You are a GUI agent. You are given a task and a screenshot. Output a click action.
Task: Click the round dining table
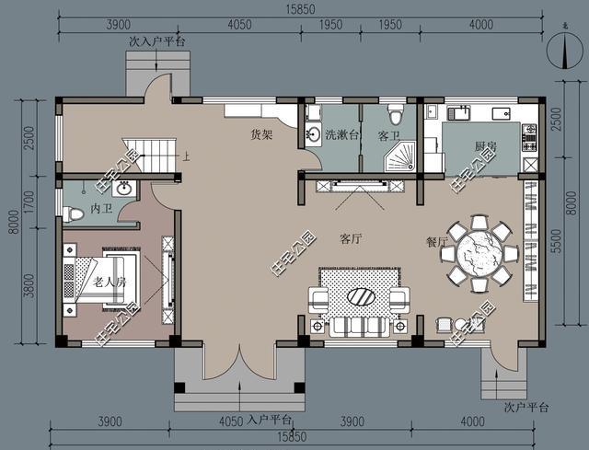coord(479,254)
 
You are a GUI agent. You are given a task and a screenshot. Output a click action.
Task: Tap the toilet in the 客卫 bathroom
coord(395,114)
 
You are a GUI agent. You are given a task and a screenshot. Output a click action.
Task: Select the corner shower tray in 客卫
coord(399,156)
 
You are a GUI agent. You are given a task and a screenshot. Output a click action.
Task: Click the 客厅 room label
coord(351,238)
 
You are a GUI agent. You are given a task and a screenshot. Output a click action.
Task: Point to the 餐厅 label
coord(438,242)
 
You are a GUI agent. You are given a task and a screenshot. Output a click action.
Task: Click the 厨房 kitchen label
coord(485,145)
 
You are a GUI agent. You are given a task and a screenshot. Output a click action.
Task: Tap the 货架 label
coord(261,134)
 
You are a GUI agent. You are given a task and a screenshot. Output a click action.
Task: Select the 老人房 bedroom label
coord(110,282)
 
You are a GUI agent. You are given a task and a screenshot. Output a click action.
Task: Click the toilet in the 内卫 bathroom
coord(73,214)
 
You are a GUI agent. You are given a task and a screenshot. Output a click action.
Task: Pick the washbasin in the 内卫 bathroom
coord(124,188)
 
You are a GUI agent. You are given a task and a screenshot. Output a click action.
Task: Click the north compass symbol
coord(564,51)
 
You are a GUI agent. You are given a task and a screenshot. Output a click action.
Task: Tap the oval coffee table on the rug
coord(361,296)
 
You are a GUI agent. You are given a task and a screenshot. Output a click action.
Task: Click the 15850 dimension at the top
coord(301,9)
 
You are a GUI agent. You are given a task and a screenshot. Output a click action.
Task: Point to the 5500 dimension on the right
coord(558,241)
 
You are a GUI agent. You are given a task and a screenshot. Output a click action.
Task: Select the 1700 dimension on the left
coord(29,202)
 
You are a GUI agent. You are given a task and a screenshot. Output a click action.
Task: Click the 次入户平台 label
coord(157,41)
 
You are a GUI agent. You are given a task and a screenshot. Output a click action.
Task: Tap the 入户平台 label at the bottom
coord(270,420)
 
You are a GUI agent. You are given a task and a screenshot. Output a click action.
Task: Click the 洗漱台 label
coord(342,135)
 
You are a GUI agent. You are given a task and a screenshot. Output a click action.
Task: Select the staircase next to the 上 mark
coord(149,156)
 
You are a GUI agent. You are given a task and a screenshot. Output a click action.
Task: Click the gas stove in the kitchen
coord(530,138)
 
